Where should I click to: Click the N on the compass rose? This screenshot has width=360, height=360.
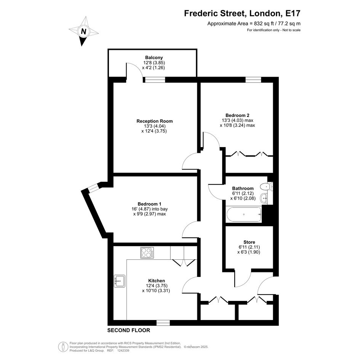coord(83,31)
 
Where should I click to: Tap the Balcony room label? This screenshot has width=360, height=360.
coord(154,58)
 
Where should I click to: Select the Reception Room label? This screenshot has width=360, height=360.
coord(155,121)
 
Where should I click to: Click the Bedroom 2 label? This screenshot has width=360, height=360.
coord(237,115)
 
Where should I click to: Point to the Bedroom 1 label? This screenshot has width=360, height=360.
coord(149,204)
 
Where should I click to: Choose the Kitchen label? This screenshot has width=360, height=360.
coord(157,281)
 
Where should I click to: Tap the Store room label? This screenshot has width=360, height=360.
coord(250,242)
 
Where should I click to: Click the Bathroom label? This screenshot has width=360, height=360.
coord(243,189)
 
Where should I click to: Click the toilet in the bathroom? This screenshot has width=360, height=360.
coord(267,186)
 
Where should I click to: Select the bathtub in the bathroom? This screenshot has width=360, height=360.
coord(244,214)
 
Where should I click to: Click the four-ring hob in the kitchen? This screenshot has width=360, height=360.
coord(147,253)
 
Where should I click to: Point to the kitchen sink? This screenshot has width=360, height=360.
coord(120,281)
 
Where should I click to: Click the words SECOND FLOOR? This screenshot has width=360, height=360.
coord(129,330)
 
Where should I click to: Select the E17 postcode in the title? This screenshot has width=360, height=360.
coord(293,13)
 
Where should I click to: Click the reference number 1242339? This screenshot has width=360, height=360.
coord(123,350)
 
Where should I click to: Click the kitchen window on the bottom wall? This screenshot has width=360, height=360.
coord(163,323)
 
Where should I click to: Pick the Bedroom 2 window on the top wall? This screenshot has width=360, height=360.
coord(253,80)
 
